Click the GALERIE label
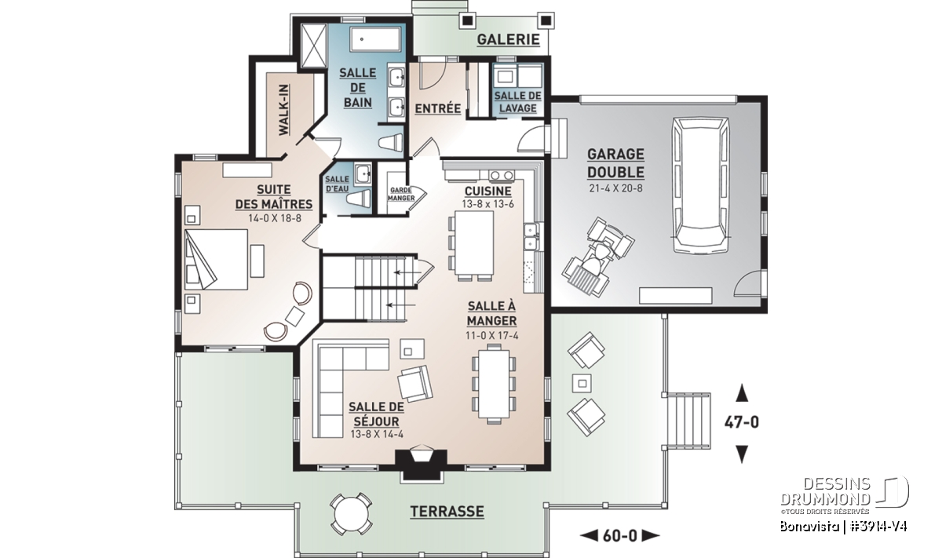(x=508, y=39)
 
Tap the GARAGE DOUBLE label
(x=615, y=163)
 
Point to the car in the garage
(x=701, y=184)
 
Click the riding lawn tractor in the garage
(x=597, y=257)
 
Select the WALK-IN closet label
(x=284, y=110)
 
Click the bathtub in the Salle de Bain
(x=375, y=39)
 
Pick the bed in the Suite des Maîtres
(x=216, y=259)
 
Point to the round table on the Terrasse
(x=351, y=514)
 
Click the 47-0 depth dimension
(x=742, y=422)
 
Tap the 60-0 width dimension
(x=620, y=536)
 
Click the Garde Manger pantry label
(x=401, y=194)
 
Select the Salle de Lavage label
(x=517, y=102)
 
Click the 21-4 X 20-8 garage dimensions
(x=616, y=188)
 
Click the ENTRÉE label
(x=438, y=108)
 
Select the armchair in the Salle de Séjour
(x=415, y=383)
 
